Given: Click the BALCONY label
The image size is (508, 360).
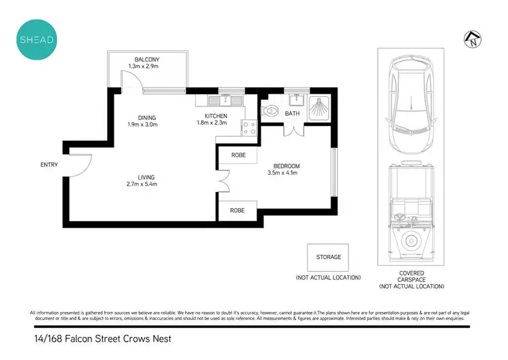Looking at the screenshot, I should [147, 59].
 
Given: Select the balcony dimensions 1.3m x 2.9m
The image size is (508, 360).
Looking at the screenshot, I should [147, 66].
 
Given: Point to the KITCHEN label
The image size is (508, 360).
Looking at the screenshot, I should [211, 117].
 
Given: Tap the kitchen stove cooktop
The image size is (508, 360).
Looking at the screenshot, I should [249, 128].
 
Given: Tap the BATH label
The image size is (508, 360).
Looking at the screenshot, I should [292, 114].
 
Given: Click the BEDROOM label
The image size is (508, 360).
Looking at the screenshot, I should [287, 166].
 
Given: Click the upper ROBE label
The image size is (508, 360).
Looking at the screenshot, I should [238, 155].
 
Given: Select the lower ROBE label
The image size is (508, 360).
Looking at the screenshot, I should [238, 211].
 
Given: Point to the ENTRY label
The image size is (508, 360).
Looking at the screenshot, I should [49, 165].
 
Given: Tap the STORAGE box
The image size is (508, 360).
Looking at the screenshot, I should [328, 258].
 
